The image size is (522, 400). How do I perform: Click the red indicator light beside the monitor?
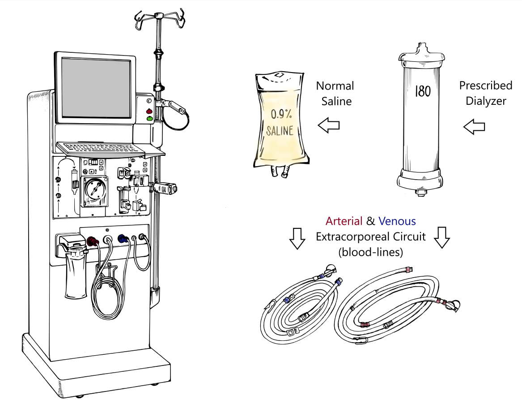pos(149,111)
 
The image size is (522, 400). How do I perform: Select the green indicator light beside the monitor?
pos(149,119)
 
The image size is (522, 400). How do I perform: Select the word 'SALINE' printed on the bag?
pos(280,131)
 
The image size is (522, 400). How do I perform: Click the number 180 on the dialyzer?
pos(422,92)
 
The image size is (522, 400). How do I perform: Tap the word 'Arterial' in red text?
pos(344,221)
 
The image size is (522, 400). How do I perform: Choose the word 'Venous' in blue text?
pos(397,221)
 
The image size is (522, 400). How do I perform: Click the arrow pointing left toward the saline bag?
pos(329,126)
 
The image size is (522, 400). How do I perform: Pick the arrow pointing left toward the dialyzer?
pos(475,127)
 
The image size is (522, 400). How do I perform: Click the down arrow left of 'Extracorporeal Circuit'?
pos(297,238)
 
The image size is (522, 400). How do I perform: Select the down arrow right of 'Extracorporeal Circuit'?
pos(442,237)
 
